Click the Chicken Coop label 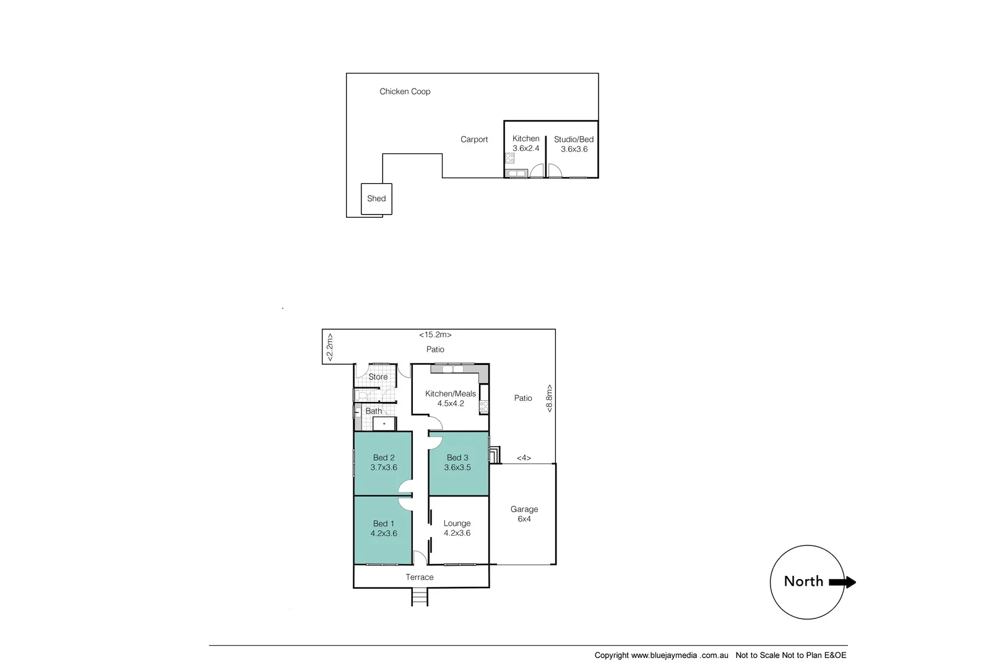point(405,92)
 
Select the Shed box point(376,199)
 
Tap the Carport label point(474,140)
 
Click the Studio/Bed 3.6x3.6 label point(574,144)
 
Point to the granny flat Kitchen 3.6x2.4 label point(526,143)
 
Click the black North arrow point(842,582)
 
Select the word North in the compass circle point(803,581)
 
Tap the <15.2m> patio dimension point(435,335)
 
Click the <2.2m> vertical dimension point(330,347)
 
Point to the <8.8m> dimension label point(548,398)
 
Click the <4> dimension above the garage point(524,458)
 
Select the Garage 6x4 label point(524,514)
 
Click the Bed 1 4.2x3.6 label point(384,528)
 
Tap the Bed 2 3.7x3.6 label point(384,463)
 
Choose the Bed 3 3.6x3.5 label point(458,463)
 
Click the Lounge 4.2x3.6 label point(457,528)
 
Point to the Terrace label point(420,577)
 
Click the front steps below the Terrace point(420,597)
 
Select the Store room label point(378,377)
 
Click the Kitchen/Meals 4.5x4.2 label point(451,398)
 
